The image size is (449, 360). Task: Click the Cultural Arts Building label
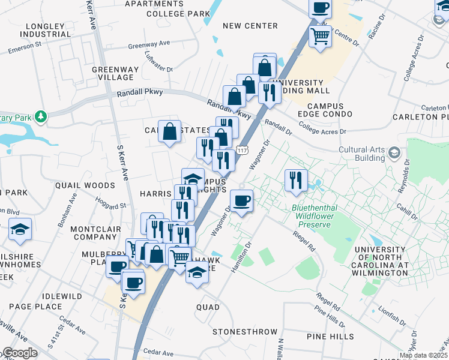(x=361, y=154)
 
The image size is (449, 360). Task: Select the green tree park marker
(x=40, y=115)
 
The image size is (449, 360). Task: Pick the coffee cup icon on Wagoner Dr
(x=241, y=200)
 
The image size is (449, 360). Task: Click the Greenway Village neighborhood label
(x=112, y=73)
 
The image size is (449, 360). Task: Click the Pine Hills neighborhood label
(x=330, y=337)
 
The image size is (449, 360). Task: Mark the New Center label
(x=250, y=26)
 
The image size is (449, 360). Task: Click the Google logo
(x=19, y=353)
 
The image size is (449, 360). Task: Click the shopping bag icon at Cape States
(x=170, y=130)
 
